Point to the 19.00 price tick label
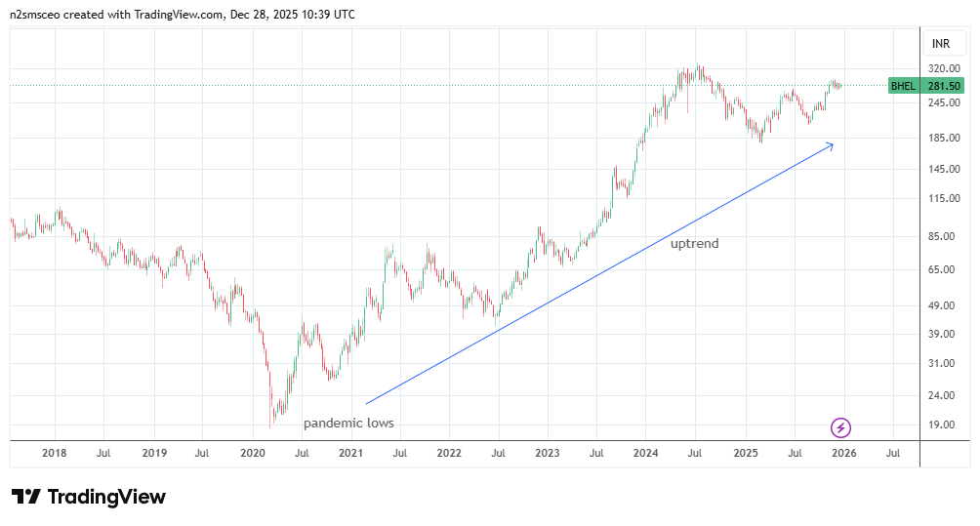942,425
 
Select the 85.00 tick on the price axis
942,236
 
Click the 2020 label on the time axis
253,453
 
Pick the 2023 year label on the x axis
548,453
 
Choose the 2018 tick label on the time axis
55,453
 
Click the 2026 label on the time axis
843,453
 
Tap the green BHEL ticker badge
904,86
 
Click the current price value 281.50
944,86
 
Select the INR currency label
941,44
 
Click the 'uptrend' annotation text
694,244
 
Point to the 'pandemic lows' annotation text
348,424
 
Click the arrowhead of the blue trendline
831,145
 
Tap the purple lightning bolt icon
840,427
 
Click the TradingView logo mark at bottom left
25,497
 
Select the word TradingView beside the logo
106,497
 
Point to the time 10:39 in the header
312,15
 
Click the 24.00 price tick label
942,395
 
